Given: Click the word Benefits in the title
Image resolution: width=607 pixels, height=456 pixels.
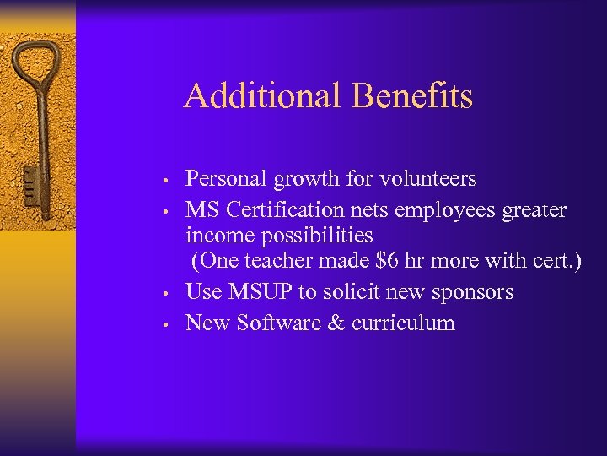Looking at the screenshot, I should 412,95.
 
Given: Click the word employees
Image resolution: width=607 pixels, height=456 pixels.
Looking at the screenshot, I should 450,209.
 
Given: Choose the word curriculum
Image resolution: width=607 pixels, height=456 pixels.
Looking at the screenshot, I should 403,323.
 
